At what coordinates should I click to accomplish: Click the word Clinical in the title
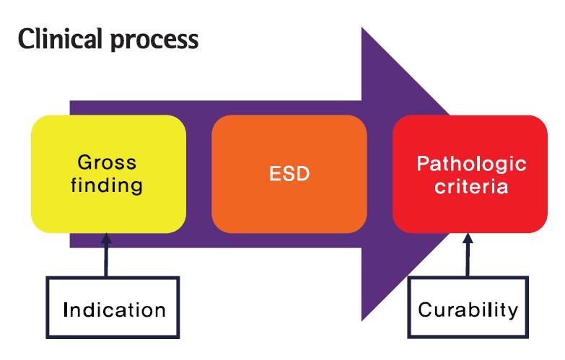pos(60,39)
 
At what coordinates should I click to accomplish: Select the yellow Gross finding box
pos(108,174)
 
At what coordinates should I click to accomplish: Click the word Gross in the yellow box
pos(107,162)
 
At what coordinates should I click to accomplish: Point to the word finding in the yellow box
pos(107,185)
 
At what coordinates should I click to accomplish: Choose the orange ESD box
pos(289,174)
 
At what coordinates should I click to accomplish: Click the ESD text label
pos(289,174)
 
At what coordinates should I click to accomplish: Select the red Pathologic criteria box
pos(470,174)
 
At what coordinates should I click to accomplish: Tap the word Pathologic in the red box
pos(471,164)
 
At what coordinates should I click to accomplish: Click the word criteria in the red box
pos(471,187)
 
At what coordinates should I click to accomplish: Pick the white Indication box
pos(113,307)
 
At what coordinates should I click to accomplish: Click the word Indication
pos(114,310)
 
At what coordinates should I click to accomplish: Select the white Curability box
pos(468,307)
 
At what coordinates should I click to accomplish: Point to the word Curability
pos(468,310)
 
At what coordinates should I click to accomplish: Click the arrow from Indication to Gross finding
pos(106,255)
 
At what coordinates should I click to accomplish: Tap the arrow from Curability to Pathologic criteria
pos(468,255)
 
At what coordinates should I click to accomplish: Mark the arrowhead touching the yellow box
pos(106,238)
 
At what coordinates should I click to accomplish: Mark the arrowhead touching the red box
pos(468,238)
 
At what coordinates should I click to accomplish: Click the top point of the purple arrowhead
pos(362,27)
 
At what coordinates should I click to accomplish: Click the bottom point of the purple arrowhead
pos(362,320)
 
